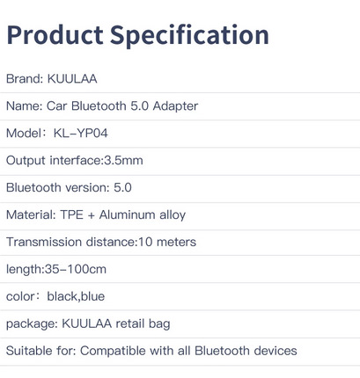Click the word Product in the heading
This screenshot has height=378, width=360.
pyautogui.click(x=55, y=34)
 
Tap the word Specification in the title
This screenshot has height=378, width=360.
pyautogui.click(x=189, y=36)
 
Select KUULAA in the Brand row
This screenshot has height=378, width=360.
pyautogui.click(x=72, y=79)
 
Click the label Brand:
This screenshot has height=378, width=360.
pyautogui.click(x=25, y=79)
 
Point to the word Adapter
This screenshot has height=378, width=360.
pyautogui.click(x=175, y=106)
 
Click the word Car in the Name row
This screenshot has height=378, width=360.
pyautogui.click(x=56, y=106)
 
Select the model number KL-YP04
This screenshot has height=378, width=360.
pyautogui.click(x=81, y=134)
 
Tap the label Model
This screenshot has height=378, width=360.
pyautogui.click(x=24, y=134)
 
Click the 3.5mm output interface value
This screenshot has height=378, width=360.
pyautogui.click(x=123, y=161)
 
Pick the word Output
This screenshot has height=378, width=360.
pyautogui.click(x=26, y=161)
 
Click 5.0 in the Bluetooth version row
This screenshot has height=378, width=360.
pyautogui.click(x=122, y=188)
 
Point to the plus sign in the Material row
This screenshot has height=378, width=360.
pyautogui.click(x=92, y=215)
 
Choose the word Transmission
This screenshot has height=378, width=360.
pyautogui.click(x=44, y=243)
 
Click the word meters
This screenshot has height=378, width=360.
pyautogui.click(x=176, y=243)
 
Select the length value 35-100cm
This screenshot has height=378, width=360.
pyautogui.click(x=76, y=270)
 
